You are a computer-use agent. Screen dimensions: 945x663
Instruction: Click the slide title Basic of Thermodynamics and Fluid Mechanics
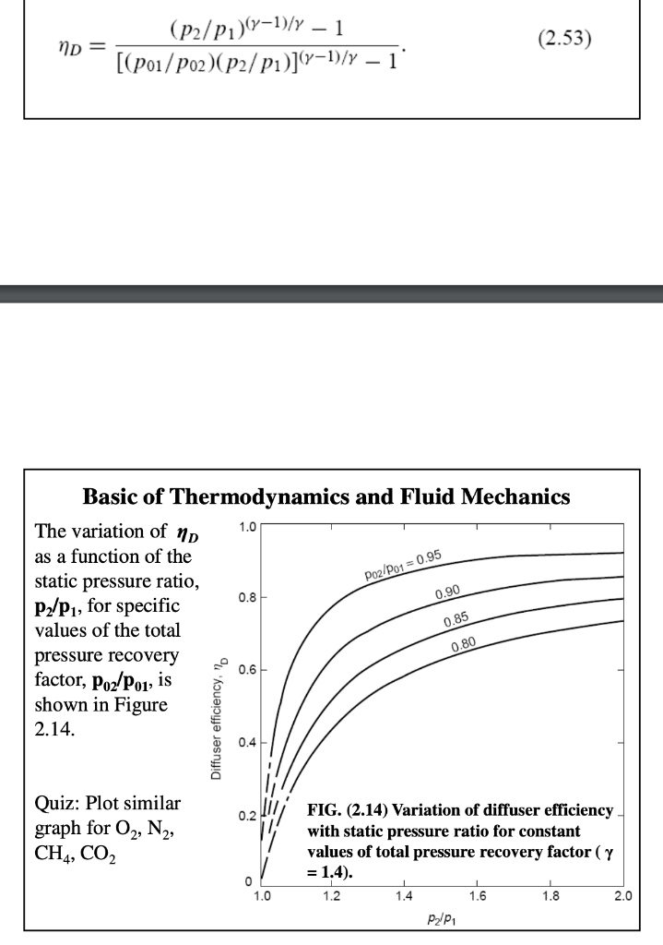click(x=326, y=497)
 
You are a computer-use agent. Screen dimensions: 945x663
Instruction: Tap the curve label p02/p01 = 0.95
click(x=400, y=566)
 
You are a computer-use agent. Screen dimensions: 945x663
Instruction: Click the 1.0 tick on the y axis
click(x=247, y=527)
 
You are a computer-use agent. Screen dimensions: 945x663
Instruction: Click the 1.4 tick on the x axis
click(x=404, y=894)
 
